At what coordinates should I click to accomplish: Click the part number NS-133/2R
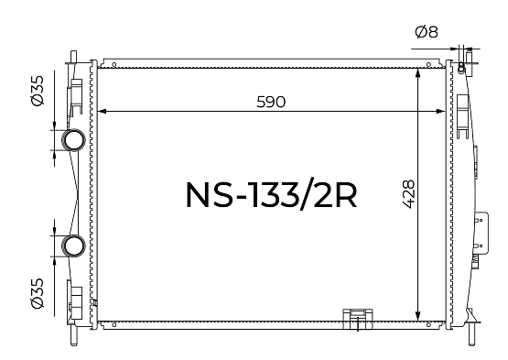point(272,195)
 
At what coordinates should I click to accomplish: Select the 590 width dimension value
point(271,102)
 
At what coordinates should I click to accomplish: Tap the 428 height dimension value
point(408,194)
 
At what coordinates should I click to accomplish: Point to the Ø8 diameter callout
point(427,32)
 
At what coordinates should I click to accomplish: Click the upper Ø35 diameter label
point(38,91)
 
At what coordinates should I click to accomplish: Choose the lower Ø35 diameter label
point(38,293)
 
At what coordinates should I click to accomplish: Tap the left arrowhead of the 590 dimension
point(102,111)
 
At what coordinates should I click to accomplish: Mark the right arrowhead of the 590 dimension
point(441,111)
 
